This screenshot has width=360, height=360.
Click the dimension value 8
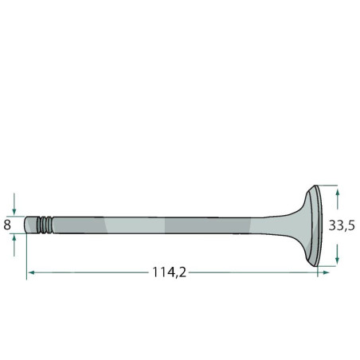tap(7, 225)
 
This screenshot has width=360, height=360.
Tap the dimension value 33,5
tap(342, 226)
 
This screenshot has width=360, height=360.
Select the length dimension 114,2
tap(169, 272)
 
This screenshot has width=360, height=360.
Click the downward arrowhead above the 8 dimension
tap(14, 212)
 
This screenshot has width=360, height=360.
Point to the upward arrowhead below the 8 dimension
tap(14, 238)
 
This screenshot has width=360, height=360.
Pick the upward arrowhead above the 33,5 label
tap(338, 192)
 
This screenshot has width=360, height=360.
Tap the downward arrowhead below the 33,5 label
tap(337, 261)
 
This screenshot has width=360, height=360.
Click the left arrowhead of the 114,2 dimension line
tap(31, 272)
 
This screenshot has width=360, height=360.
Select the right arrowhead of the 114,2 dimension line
tap(326, 272)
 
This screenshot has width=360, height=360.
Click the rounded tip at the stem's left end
tap(26, 225)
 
